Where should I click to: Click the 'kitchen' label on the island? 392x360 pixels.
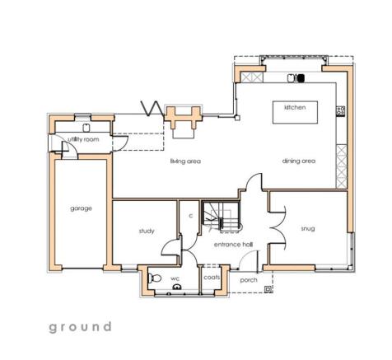[x=295, y=108]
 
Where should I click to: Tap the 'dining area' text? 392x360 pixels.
[x=299, y=161]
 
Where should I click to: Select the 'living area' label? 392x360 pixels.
[x=185, y=161]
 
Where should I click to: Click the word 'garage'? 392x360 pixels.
[x=81, y=208]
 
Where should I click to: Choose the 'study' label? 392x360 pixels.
[x=147, y=231]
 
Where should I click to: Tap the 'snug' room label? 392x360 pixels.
[x=308, y=228]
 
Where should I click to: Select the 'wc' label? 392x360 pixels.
[x=175, y=279]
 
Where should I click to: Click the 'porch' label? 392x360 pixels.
[x=248, y=280]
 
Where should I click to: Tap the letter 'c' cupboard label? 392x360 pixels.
[x=190, y=216]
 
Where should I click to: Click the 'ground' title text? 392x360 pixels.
[x=80, y=327]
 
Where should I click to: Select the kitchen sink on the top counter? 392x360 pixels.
[x=292, y=78]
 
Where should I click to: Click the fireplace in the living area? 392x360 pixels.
[x=180, y=118]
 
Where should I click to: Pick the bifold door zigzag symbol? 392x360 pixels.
[x=152, y=108]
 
